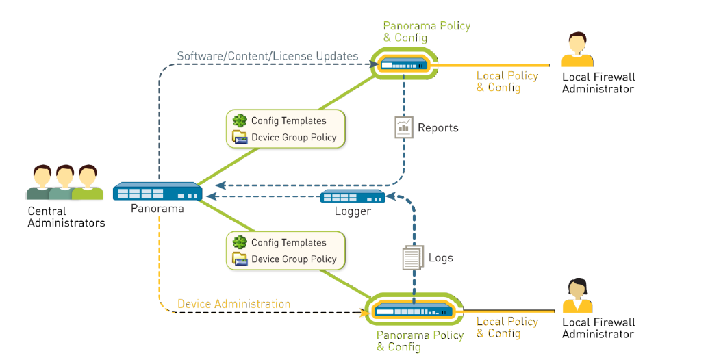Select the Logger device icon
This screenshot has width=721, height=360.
tap(353, 196)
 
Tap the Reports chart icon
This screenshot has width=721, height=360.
tap(403, 127)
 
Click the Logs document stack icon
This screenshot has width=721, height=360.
tap(411, 258)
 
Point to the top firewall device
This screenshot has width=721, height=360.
tap(404, 65)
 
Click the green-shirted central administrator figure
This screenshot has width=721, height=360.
tap(87, 183)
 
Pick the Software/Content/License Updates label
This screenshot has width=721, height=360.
tap(268, 56)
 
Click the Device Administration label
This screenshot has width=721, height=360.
tap(233, 304)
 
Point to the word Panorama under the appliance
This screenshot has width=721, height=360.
tap(157, 208)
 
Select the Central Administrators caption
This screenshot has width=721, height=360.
tap(66, 217)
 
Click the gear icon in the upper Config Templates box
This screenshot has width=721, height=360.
tap(240, 120)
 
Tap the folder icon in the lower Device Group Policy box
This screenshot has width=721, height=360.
tap(240, 259)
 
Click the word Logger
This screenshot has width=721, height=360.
tap(353, 211)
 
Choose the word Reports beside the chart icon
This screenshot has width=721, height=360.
tap(438, 128)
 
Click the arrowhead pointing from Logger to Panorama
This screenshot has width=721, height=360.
tap(212, 196)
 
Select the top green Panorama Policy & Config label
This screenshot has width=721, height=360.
tap(427, 31)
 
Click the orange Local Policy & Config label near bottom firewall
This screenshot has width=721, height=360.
tap(507, 327)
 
